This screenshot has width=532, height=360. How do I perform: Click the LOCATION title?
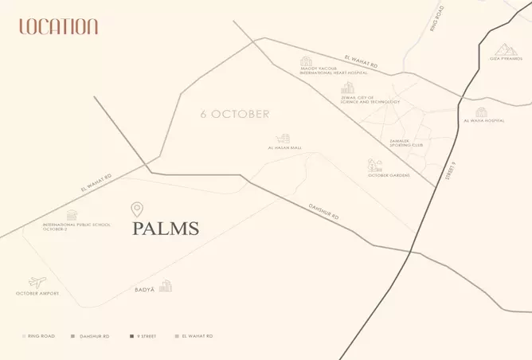pos(58,26)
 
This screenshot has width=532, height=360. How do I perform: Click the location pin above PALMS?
pos(137,209)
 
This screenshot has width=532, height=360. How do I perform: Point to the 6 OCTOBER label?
pos(234,114)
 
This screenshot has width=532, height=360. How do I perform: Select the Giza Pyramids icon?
pos(505,49)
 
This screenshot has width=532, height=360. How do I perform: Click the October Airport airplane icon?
pos(37,283)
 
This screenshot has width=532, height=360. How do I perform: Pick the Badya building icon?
pos(166,286)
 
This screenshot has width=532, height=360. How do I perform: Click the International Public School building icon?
pos(72,215)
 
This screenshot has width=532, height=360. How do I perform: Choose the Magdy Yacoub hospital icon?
pos(307,61)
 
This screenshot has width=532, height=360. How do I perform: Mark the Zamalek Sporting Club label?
pos(405,144)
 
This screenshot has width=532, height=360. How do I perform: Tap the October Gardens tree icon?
pos(373,166)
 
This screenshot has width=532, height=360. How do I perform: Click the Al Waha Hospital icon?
pos(481,112)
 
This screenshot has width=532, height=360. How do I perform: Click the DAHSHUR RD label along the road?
pos(323,212)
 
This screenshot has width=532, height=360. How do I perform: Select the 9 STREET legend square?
pos(131,337)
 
